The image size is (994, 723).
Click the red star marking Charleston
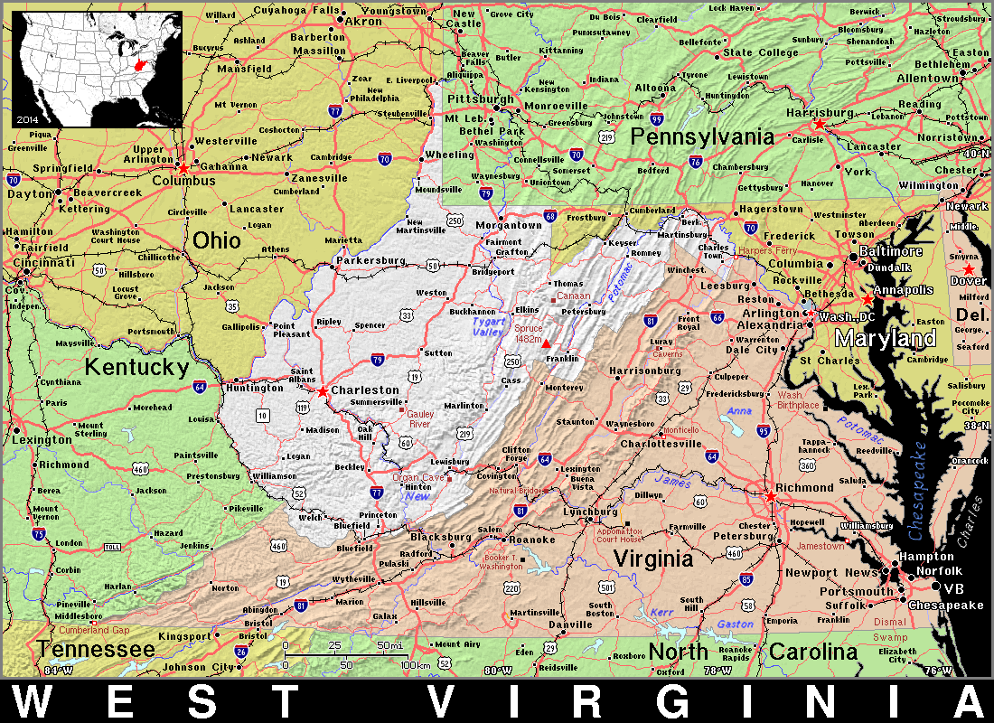coord(323,391)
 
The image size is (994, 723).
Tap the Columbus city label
coord(184,181)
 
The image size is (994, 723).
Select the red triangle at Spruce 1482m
coord(546,344)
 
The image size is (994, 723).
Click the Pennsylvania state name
coord(702,136)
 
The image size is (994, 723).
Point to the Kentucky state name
coord(136,367)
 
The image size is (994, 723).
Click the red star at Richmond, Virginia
coord(771,496)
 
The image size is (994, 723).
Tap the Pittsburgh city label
coord(478,98)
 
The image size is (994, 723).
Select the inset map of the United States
coord(97,70)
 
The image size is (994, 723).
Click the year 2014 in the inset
coord(27,118)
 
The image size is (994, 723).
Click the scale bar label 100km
coord(414,665)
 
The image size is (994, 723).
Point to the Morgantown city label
coord(511,225)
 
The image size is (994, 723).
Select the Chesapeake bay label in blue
coord(920,493)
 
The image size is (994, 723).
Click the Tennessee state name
coord(97,650)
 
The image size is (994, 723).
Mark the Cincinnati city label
coord(43,263)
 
